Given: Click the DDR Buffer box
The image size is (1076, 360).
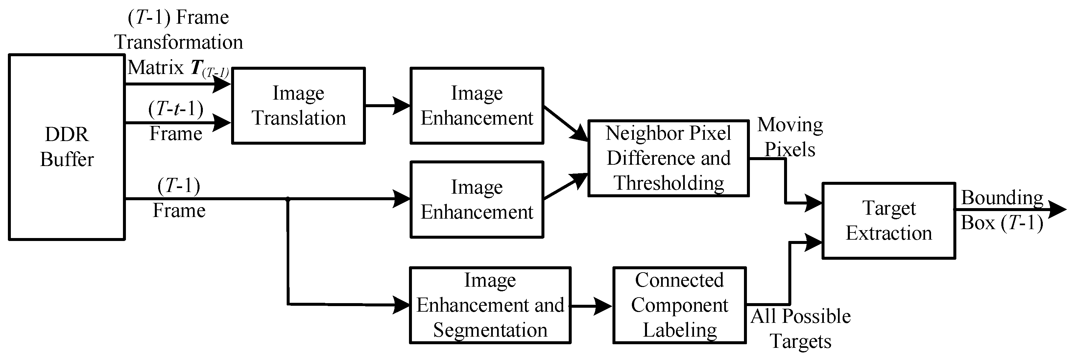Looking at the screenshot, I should click(67, 147).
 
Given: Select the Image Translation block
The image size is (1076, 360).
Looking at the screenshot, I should click(298, 106).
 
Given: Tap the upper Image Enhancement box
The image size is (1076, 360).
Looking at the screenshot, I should click(477, 106).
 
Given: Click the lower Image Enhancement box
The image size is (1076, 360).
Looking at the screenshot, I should click(477, 200).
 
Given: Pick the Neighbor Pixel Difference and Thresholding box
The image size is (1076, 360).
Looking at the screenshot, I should click(668, 158).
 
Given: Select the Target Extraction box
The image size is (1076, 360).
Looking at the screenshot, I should click(889, 221).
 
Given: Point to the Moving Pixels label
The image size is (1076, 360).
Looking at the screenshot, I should click(790, 137).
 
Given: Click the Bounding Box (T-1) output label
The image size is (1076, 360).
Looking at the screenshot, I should click(1002, 210).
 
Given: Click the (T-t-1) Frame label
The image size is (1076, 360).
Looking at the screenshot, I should click(176, 121).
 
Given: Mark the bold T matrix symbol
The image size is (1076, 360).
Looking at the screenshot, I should click(196, 67).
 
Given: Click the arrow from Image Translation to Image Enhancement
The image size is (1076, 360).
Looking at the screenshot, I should click(387, 106).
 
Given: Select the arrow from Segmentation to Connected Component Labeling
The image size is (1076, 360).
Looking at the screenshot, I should click(591, 306).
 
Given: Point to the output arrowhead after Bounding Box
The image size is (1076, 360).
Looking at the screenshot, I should click(1057, 210).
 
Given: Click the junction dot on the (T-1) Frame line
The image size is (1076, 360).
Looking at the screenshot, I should click(288, 200).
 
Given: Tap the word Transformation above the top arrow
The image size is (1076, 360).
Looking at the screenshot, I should click(179, 42).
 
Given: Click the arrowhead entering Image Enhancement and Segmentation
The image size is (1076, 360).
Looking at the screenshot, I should click(402, 305).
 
